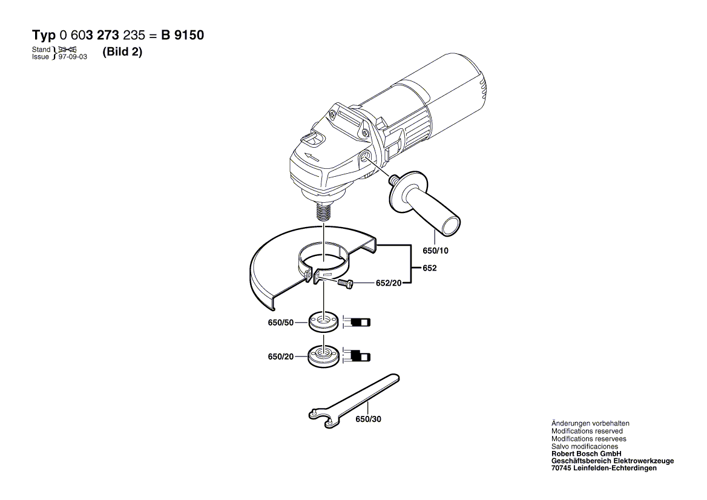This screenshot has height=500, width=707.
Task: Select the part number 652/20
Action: (389, 283)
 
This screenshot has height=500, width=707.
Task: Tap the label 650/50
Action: (280, 323)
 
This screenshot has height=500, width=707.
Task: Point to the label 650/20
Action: (280, 357)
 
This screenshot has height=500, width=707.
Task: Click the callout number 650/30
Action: (368, 419)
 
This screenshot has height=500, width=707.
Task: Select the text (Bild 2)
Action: (122, 52)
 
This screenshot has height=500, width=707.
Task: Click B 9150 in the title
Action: (182, 35)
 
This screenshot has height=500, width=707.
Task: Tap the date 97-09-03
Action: (73, 56)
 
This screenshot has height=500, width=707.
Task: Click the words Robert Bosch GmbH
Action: (586, 453)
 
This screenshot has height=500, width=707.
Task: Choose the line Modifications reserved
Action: (587, 431)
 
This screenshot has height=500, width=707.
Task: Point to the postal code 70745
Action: (562, 468)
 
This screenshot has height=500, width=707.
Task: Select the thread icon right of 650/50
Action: (358, 321)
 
